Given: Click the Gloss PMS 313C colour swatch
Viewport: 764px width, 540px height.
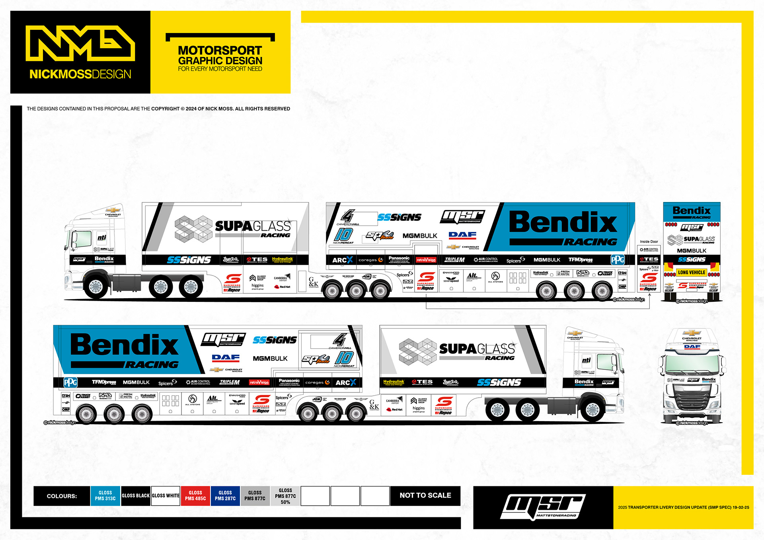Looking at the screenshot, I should click(105, 495).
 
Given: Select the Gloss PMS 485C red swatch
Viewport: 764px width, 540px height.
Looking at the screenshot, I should click(195, 495).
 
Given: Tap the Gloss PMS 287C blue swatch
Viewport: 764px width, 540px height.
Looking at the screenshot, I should click(225, 495).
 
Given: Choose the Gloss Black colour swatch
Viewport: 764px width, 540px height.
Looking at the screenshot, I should click(136, 495).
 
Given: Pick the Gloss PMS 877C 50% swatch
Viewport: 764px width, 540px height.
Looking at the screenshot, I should click(285, 496).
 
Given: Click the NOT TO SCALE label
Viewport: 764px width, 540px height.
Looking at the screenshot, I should click(425, 495).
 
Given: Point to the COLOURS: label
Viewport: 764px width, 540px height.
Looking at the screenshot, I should click(62, 496).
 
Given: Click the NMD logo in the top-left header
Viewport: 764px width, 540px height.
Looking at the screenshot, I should click(80, 43).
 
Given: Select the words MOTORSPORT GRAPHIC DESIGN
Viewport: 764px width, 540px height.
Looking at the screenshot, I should click(220, 56).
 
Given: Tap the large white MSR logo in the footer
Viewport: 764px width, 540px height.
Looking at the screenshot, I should click(543, 507).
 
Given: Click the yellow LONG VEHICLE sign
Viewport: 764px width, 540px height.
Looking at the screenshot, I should click(692, 272).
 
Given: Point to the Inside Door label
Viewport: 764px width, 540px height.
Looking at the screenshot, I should click(649, 241).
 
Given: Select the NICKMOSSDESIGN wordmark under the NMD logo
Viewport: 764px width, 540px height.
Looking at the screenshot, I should click(80, 74).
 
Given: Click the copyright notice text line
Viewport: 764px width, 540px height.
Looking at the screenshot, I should click(158, 109).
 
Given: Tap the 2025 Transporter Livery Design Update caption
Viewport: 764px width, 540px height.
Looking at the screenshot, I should click(683, 507).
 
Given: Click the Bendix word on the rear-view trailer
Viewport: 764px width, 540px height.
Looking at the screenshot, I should click(692, 210).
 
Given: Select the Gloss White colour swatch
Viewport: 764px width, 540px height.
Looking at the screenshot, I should click(166, 495).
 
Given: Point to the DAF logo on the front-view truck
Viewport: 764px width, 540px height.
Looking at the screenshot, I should click(692, 347).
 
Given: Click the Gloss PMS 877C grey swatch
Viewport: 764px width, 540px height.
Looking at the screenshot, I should click(255, 495).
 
